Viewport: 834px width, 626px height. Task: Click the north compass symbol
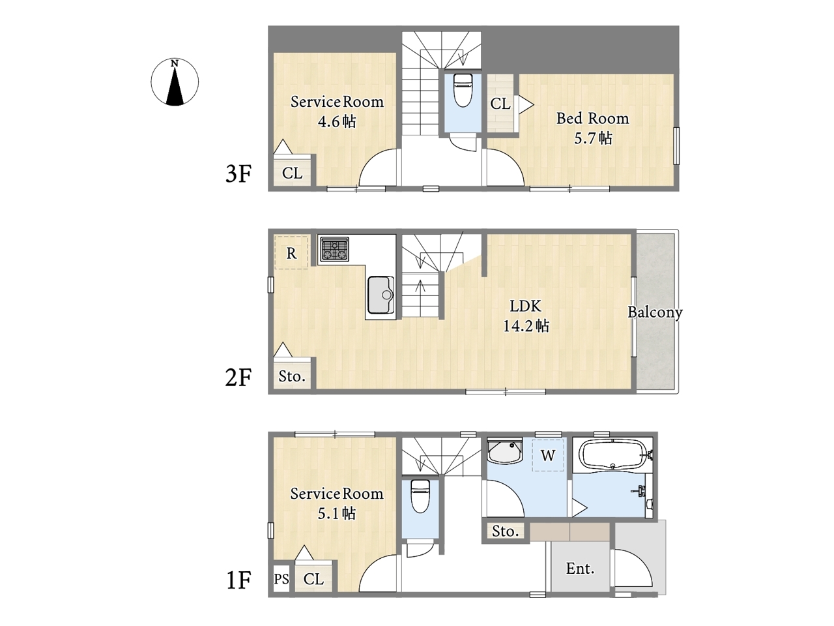[x=175, y=82]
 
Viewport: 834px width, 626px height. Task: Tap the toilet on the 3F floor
[x=463, y=90]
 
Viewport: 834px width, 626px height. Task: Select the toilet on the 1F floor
[x=420, y=496]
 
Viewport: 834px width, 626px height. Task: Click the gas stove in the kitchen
[x=334, y=250]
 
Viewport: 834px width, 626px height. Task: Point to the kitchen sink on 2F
[x=381, y=295]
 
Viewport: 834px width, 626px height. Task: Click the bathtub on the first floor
[x=614, y=455]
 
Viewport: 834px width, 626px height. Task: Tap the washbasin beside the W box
[x=505, y=451]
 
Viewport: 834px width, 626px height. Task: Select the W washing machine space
[x=548, y=455]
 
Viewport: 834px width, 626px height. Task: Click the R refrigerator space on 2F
[x=291, y=253]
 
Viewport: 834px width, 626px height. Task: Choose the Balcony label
[x=655, y=312]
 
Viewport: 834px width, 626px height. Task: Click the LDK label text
[x=525, y=306]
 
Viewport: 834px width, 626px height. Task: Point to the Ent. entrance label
[x=580, y=569]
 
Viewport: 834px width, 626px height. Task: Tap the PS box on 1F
[x=281, y=579]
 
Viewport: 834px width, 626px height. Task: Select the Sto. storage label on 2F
[x=292, y=376]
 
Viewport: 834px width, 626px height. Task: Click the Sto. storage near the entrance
[x=506, y=531]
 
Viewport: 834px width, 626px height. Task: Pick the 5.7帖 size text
[x=593, y=138]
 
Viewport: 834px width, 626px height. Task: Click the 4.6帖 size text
[x=337, y=122]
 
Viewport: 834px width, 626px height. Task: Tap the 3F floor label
[x=238, y=173]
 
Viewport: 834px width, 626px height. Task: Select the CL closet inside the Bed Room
[x=500, y=104]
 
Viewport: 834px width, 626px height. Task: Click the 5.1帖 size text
[x=337, y=513]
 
